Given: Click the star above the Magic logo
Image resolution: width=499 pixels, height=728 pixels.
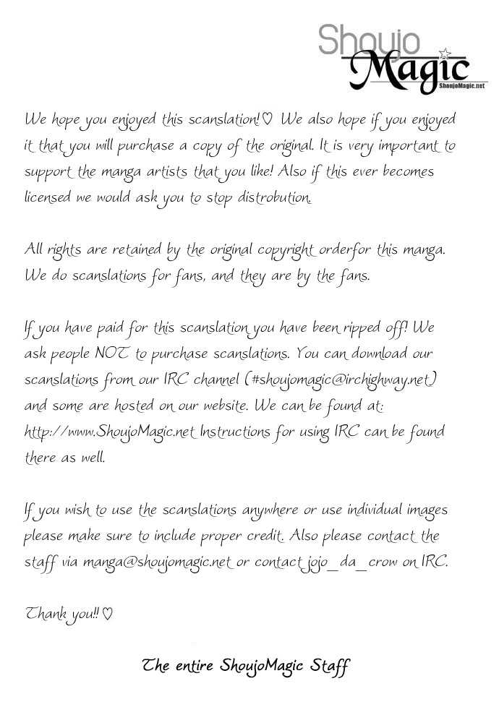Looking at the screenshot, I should tap(445, 52).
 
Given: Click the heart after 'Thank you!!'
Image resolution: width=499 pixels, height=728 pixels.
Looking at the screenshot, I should tap(107, 614).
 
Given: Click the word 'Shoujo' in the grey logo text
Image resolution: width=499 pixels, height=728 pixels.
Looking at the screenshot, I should tap(369, 40).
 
